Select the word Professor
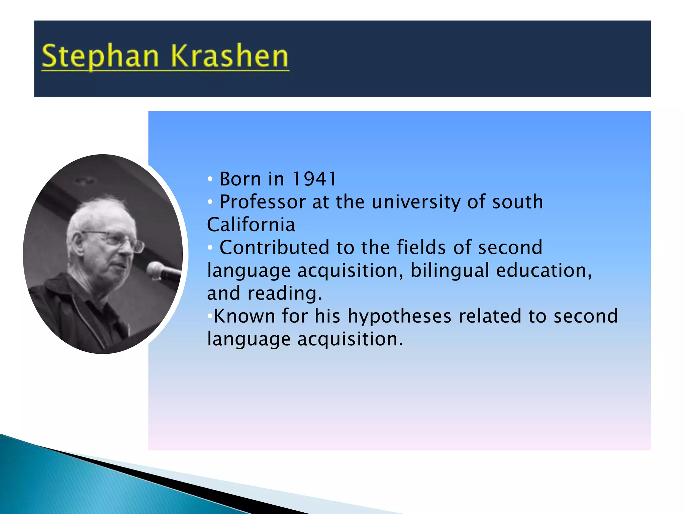(x=263, y=202)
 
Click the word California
(x=251, y=225)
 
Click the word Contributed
(x=274, y=248)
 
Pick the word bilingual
(x=450, y=270)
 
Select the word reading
(x=284, y=293)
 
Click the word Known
(x=244, y=316)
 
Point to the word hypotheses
(x=399, y=316)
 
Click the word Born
(x=240, y=179)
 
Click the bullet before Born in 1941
(x=210, y=179)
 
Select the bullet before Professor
(x=210, y=202)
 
